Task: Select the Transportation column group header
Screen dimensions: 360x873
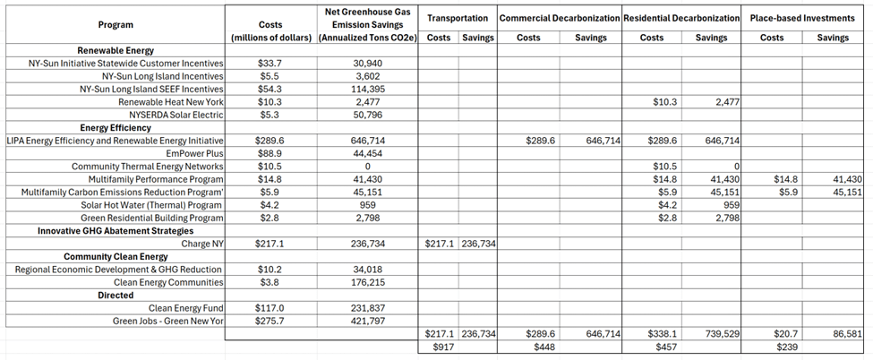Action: pos(458,18)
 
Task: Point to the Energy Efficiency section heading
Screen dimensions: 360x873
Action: pos(118,128)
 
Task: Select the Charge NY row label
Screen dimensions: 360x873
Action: pos(202,244)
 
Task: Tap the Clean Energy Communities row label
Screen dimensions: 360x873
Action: pos(175,282)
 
